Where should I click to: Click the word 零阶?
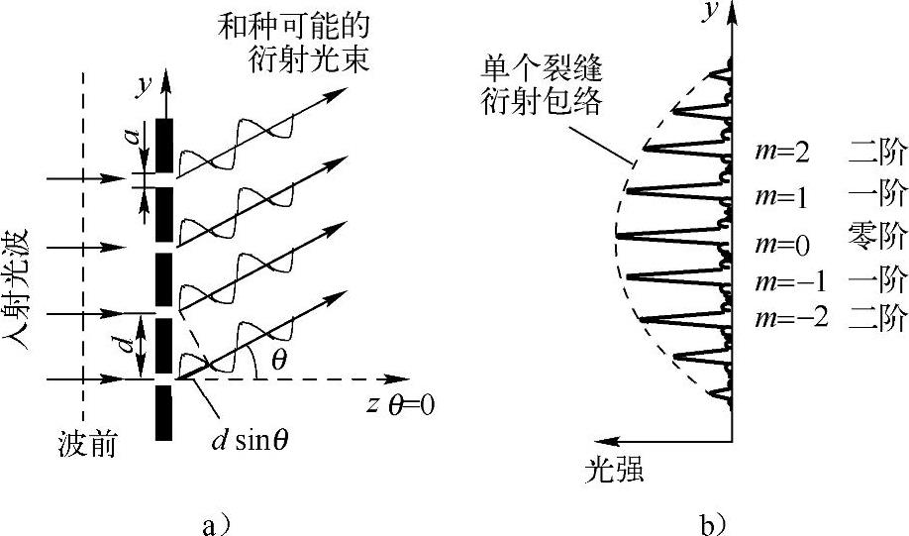tap(876, 236)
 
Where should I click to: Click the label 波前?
tap(88, 446)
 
